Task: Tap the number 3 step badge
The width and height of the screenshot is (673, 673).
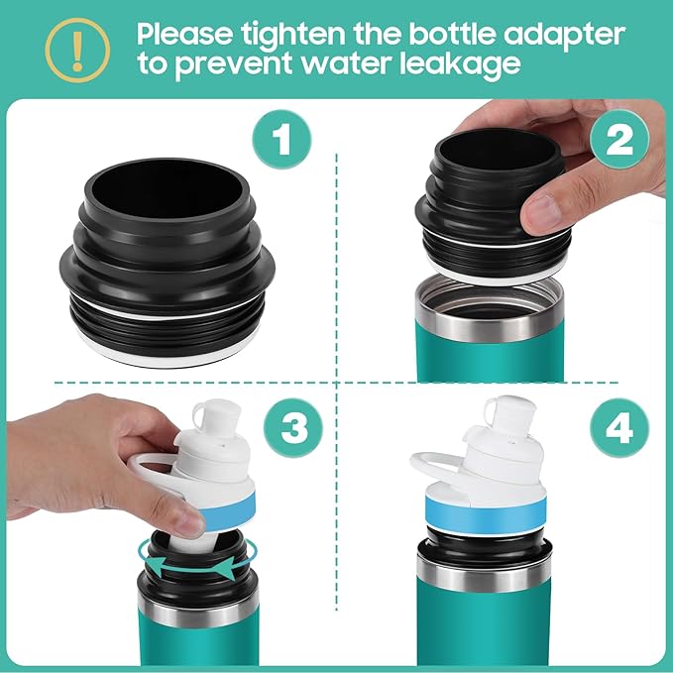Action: [293, 429]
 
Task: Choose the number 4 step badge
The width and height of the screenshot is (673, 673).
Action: [618, 429]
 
